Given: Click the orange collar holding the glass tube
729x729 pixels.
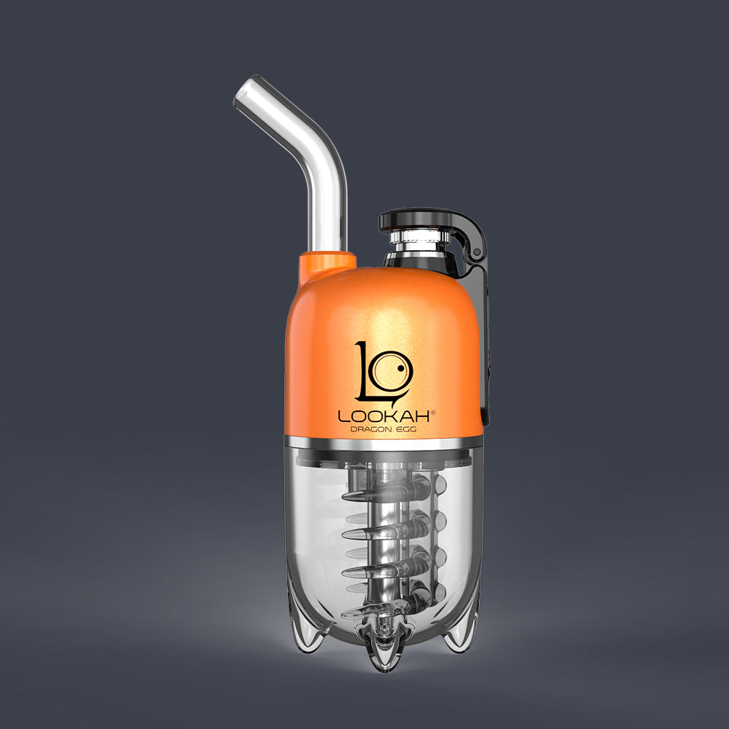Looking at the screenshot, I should point(327,265).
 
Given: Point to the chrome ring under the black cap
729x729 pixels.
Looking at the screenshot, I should point(418,241).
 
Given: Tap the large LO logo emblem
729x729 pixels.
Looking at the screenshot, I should point(383,372).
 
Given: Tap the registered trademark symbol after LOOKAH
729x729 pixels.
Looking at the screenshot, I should point(434,413).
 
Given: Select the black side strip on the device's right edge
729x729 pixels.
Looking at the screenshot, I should point(486,350).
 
